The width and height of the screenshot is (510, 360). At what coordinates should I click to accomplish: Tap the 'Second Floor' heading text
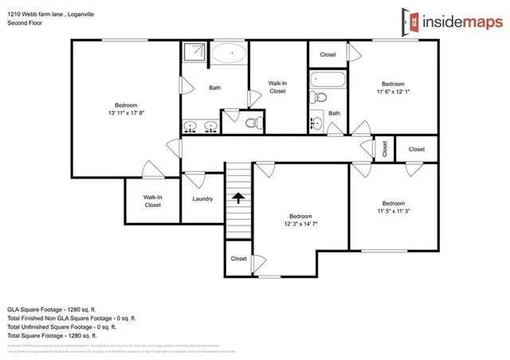(25, 24)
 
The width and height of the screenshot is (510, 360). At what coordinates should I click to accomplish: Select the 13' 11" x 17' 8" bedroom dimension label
(126, 113)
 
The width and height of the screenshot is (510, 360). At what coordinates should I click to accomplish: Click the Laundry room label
(202, 198)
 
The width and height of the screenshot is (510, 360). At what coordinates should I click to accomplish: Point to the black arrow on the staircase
(237, 197)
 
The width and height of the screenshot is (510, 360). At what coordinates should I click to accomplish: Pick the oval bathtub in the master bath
(229, 54)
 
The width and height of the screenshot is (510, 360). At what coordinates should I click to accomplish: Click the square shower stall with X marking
(194, 53)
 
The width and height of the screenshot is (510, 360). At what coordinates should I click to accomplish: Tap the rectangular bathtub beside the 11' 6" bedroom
(328, 80)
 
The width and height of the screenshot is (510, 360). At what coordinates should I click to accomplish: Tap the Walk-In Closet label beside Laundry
(152, 201)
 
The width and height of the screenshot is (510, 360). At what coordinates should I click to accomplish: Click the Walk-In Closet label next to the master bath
(277, 87)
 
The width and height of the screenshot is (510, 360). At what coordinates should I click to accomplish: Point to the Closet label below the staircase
(238, 259)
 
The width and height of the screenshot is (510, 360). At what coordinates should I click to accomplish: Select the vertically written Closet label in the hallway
(384, 148)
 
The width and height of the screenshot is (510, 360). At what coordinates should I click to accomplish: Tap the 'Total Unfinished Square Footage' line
(61, 327)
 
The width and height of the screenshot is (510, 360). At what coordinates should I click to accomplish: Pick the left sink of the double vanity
(192, 127)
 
